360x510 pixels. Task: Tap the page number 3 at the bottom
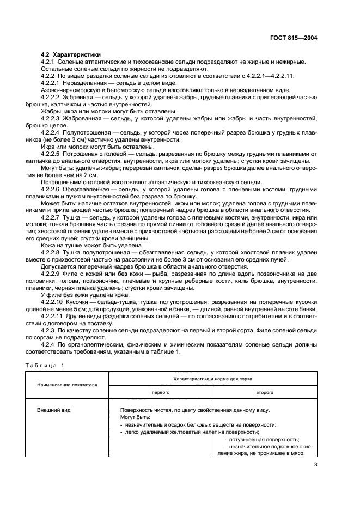click(x=315, y=465)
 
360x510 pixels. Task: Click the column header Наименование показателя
click(x=67, y=384)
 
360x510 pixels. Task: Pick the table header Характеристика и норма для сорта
click(x=212, y=378)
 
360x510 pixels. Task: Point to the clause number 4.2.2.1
click(x=54, y=83)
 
